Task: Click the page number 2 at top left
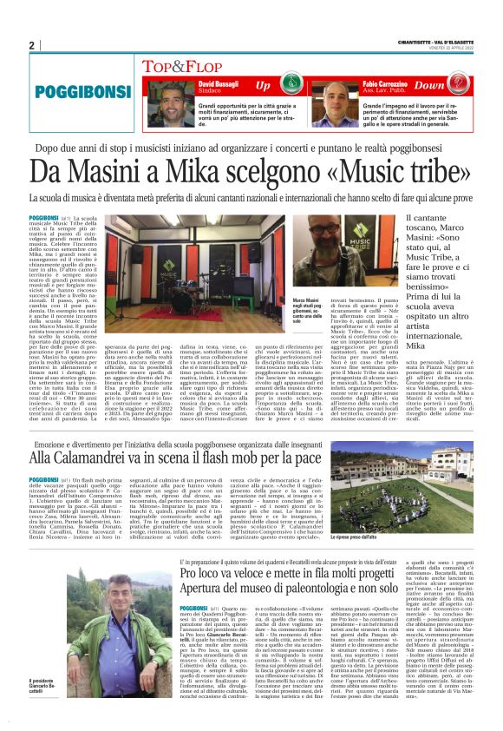[31, 46]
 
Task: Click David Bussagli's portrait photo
[165, 104]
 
